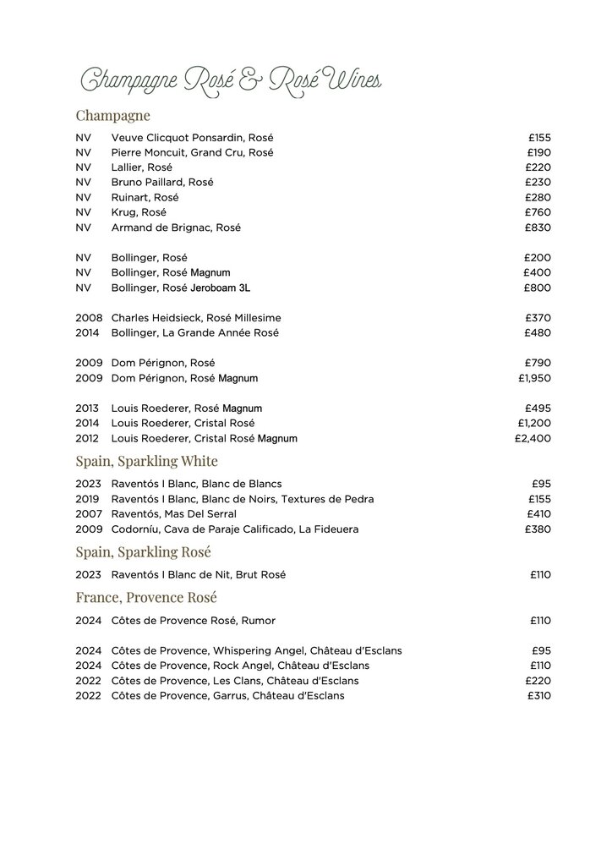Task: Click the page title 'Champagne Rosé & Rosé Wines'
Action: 228,80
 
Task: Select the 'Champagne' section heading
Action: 112,115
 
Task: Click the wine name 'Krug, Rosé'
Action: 139,212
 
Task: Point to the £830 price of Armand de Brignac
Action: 538,227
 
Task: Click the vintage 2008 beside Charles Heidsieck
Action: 88,317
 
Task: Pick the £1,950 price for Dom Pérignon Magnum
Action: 534,378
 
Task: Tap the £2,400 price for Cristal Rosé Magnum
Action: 533,439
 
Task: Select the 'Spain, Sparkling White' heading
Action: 146,461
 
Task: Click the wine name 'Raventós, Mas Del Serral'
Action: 174,514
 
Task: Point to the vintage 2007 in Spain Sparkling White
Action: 88,514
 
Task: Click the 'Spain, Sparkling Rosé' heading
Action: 143,552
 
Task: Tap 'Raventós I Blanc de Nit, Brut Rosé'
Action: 199,575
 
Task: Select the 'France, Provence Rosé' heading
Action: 146,598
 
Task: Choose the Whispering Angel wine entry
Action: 256,650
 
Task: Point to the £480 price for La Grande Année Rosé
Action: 538,332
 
